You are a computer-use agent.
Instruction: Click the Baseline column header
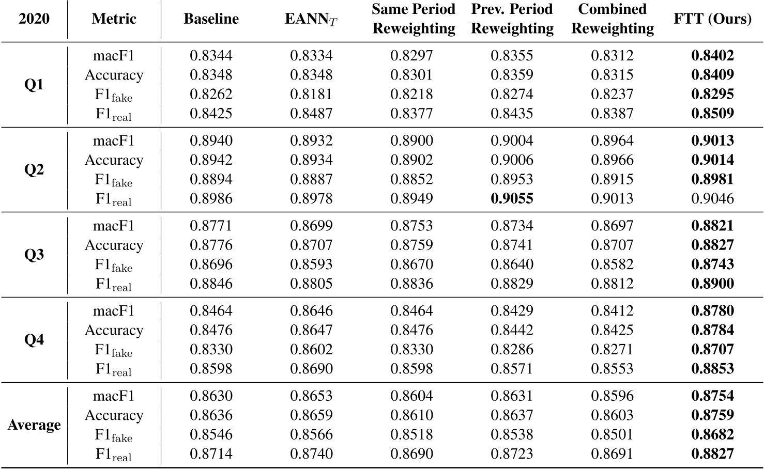point(211,19)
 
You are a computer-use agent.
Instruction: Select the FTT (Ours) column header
point(712,19)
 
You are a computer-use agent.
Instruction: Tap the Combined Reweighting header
point(612,19)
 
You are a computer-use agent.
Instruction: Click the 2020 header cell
point(34,19)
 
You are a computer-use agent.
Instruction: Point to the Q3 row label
point(34,255)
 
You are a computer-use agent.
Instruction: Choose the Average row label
point(34,425)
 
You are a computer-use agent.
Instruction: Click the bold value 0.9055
point(512,198)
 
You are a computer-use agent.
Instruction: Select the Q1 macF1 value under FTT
point(712,56)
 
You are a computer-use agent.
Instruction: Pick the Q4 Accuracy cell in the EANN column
point(311,330)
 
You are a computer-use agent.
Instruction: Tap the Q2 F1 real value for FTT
point(712,198)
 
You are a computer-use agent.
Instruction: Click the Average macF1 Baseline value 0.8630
point(211,396)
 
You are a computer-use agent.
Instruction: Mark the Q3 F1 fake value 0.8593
point(311,264)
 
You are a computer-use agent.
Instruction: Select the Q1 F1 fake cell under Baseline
point(211,94)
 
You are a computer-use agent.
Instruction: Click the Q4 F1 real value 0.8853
point(712,369)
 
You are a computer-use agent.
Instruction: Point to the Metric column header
point(114,19)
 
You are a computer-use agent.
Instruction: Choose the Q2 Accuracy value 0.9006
point(512,160)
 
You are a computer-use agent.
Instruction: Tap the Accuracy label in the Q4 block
point(114,330)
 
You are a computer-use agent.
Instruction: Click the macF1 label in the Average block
point(114,396)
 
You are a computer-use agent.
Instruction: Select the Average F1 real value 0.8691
point(612,454)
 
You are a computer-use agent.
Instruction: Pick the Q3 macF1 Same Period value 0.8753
point(412,226)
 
